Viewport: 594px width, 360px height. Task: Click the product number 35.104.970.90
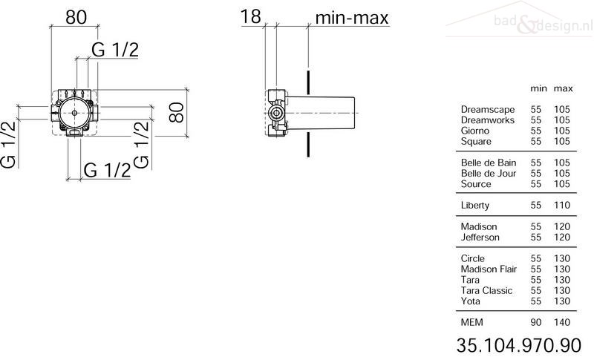tap(518, 345)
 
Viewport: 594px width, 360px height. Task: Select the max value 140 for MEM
tap(562, 322)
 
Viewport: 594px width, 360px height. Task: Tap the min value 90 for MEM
tap(535, 322)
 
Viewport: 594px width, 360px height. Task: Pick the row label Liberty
tap(475, 205)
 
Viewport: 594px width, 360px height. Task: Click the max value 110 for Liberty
tap(562, 205)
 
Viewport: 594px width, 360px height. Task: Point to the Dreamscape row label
tap(488, 109)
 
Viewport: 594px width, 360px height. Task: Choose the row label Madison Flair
tap(489, 269)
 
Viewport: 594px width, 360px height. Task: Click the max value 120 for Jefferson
tap(562, 238)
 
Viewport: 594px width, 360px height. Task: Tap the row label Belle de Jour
tap(489, 174)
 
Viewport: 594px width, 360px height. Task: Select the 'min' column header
tap(538, 88)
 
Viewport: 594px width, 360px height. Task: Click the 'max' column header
tap(564, 89)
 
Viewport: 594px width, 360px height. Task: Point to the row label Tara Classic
tap(486, 290)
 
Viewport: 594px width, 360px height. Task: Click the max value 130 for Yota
tap(562, 301)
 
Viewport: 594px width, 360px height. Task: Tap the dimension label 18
tap(251, 16)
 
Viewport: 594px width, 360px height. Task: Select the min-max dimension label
tap(352, 18)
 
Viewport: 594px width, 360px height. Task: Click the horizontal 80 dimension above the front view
tap(76, 17)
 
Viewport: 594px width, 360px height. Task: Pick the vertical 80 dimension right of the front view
tap(177, 112)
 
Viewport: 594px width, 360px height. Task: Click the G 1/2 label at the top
tap(115, 50)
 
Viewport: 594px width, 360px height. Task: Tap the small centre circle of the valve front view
tap(74, 113)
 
